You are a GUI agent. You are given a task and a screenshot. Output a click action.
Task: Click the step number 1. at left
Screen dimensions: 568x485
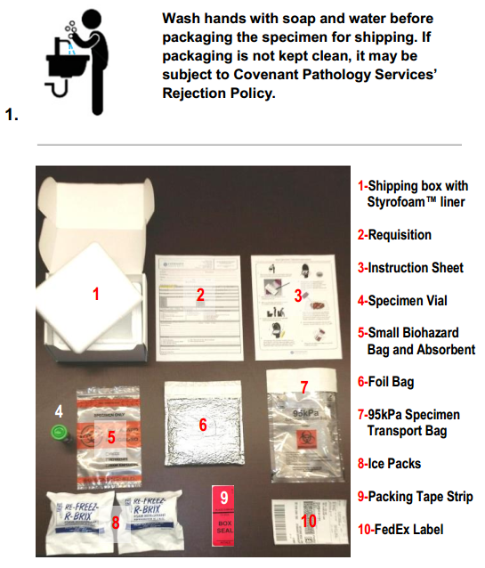click(13, 113)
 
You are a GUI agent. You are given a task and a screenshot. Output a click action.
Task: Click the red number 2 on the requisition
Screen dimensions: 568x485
click(201, 295)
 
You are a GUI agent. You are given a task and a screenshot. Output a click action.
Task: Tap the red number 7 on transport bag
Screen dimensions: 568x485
click(303, 387)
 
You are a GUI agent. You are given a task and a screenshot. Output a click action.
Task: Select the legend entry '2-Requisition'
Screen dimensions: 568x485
click(395, 235)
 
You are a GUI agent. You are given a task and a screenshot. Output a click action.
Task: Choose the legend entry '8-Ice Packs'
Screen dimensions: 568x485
click(389, 464)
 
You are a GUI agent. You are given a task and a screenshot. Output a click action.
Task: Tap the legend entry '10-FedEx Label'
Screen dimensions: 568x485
click(400, 529)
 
